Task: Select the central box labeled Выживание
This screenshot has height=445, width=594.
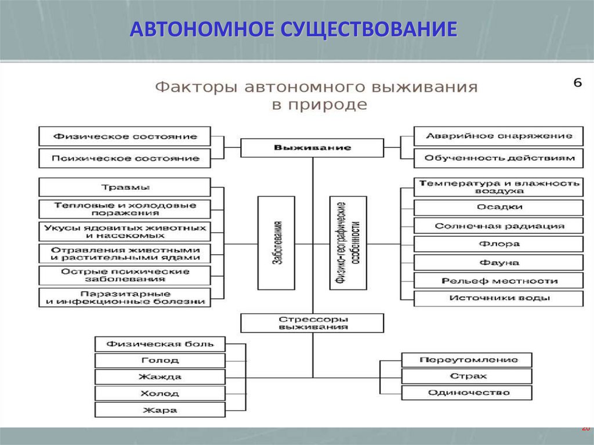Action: click(312, 147)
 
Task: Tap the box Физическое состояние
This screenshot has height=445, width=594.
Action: click(125, 137)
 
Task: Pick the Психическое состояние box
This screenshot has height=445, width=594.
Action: click(125, 158)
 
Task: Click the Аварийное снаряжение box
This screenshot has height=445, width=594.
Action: click(498, 136)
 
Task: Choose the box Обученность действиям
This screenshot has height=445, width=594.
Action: click(498, 158)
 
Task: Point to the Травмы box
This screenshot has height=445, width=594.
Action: click(125, 187)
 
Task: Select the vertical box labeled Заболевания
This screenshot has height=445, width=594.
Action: click(276, 243)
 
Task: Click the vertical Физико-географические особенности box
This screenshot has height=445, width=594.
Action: click(348, 243)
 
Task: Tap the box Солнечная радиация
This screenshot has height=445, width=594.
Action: click(498, 226)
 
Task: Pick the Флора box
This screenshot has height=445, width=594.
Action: click(498, 244)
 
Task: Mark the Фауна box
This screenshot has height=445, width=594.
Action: click(498, 262)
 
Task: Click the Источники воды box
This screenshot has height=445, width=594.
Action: click(498, 299)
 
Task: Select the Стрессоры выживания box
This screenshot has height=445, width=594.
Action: click(312, 323)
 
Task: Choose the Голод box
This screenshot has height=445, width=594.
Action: click(160, 360)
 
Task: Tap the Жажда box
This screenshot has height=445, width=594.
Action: click(160, 377)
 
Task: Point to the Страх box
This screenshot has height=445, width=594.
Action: click(467, 376)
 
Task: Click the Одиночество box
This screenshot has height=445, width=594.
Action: click(467, 393)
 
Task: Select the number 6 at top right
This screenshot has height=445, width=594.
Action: click(577, 83)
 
